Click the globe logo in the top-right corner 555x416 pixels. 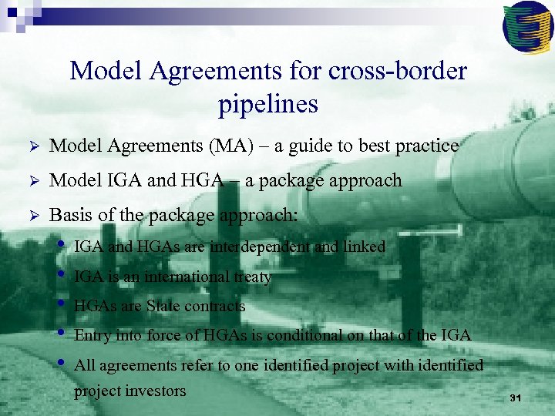(x=527, y=25)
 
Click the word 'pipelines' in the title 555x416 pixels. (x=268, y=103)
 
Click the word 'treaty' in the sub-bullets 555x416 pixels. (x=252, y=277)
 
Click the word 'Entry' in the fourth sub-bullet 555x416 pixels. (x=92, y=335)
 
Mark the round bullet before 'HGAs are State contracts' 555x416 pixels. (x=62, y=304)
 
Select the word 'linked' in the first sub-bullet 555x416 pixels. (x=365, y=247)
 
